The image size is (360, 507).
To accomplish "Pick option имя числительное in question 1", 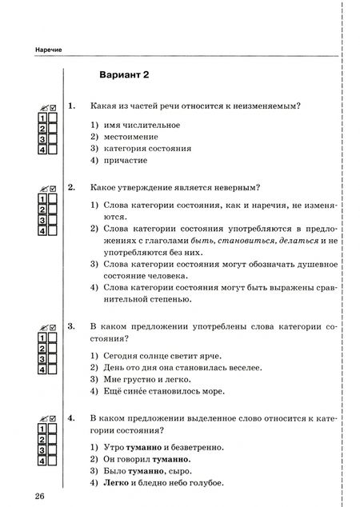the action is [134, 125].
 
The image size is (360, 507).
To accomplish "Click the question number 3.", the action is [71, 326].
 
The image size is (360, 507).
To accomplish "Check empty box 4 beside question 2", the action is [53, 231].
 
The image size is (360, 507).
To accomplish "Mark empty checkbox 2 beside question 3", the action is [53, 348].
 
